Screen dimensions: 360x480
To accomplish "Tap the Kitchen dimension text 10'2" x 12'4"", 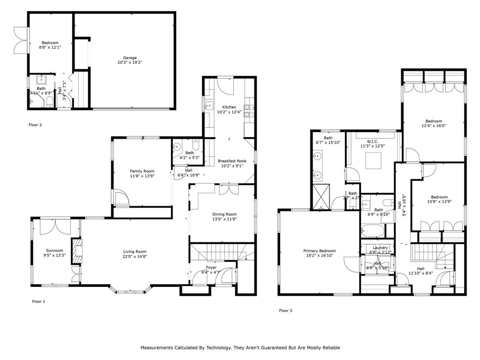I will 229,112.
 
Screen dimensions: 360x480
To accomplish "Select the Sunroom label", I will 54,250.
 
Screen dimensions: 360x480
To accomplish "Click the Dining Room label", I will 225,214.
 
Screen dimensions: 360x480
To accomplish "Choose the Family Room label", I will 142,171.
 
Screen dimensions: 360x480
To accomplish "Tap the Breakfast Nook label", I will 232,161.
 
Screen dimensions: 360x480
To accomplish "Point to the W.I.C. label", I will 373,141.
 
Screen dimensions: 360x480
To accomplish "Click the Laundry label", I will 380,247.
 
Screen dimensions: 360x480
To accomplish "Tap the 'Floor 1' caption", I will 38,301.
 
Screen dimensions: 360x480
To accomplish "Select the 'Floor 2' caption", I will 35,125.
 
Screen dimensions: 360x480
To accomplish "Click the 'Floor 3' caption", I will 286,310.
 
